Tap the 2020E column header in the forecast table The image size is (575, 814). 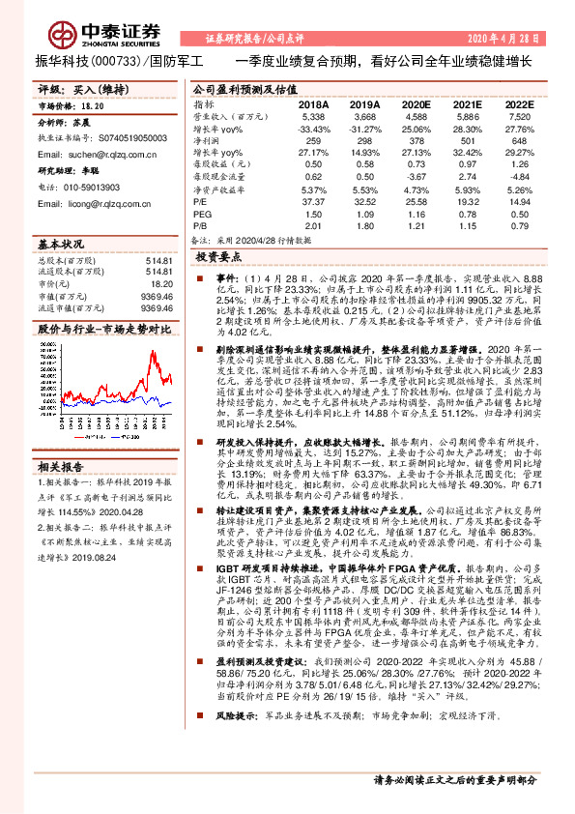(416, 102)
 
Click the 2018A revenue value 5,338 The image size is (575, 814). (312, 115)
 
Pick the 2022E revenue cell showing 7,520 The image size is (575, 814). (520, 115)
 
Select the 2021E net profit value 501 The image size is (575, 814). (469, 141)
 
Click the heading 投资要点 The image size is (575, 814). (217, 258)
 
